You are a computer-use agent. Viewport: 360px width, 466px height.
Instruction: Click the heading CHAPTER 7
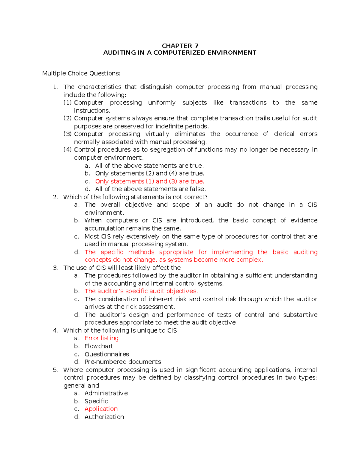pos(180,46)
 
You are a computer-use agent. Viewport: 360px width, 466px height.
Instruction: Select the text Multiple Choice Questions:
pos(81,73)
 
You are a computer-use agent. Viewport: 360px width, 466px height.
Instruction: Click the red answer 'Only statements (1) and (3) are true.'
pos(149,181)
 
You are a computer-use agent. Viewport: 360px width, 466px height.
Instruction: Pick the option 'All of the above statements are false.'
pos(150,189)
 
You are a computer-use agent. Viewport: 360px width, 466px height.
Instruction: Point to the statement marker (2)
pos(67,118)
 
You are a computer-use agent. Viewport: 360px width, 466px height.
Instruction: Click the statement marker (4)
pos(67,150)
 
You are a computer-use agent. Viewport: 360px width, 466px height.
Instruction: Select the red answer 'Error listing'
pos(101,338)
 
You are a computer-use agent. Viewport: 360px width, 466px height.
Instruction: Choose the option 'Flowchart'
pos(99,346)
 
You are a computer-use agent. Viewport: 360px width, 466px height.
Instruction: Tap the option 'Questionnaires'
pos(106,354)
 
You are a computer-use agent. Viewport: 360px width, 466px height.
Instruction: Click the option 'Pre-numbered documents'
pos(123,362)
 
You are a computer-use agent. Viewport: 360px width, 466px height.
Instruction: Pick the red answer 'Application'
pos(101,409)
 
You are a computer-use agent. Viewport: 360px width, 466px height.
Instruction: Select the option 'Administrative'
pos(106,393)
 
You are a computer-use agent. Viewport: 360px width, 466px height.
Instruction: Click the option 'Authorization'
pos(104,417)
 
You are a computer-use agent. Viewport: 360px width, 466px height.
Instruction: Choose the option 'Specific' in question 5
pos(96,401)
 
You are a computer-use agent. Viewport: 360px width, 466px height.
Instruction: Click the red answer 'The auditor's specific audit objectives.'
pos(141,291)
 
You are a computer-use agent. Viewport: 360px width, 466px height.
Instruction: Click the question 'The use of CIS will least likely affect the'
pos(122,268)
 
